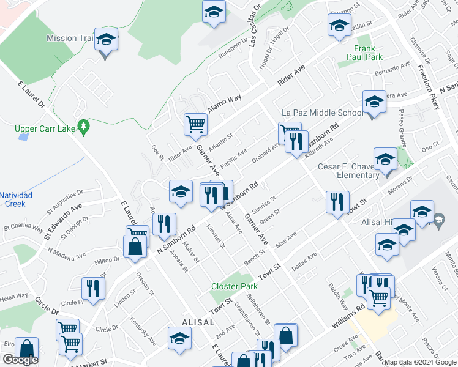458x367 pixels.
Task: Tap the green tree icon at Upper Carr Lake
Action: click(84, 128)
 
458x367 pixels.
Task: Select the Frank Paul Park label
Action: click(368, 53)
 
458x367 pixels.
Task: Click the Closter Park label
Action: click(234, 286)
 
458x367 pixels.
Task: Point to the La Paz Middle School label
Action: click(322, 113)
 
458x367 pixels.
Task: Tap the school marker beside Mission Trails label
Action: click(107, 42)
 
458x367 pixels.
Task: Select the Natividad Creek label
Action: click(16, 199)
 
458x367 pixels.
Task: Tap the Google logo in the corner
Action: click(20, 360)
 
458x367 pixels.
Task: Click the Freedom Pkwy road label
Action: click(429, 87)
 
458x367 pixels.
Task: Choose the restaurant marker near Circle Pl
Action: click(93, 289)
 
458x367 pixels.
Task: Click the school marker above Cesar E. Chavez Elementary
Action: click(385, 161)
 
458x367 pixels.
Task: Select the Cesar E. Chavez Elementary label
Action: click(348, 171)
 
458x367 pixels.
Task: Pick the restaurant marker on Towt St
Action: click(337, 202)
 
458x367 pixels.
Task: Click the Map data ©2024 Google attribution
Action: click(420, 362)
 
